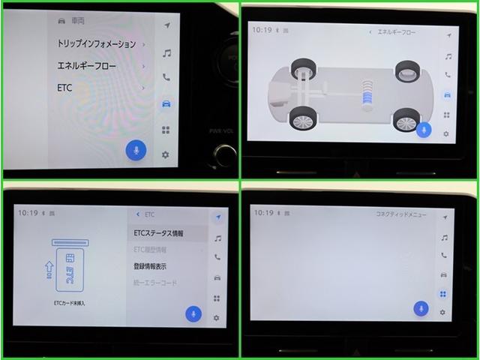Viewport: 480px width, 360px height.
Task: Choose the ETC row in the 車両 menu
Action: [x=64, y=88]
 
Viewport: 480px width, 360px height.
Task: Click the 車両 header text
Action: [x=78, y=21]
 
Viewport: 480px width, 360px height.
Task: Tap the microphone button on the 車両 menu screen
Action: [x=136, y=151]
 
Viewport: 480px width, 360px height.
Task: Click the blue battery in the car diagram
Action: [x=367, y=97]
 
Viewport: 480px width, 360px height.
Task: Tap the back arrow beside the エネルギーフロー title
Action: [x=370, y=32]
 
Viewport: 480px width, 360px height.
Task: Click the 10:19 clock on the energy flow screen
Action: [x=262, y=31]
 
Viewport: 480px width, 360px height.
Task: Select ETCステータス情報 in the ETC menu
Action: [x=158, y=233]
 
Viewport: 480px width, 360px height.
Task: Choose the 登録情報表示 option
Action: [x=150, y=266]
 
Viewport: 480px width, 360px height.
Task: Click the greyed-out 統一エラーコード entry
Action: [x=155, y=283]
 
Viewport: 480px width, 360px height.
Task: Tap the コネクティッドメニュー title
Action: [x=400, y=214]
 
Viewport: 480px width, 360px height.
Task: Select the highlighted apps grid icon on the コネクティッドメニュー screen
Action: [x=442, y=294]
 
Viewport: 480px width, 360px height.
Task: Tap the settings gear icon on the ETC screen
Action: [x=217, y=318]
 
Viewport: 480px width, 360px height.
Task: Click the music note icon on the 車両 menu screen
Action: [x=166, y=52]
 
